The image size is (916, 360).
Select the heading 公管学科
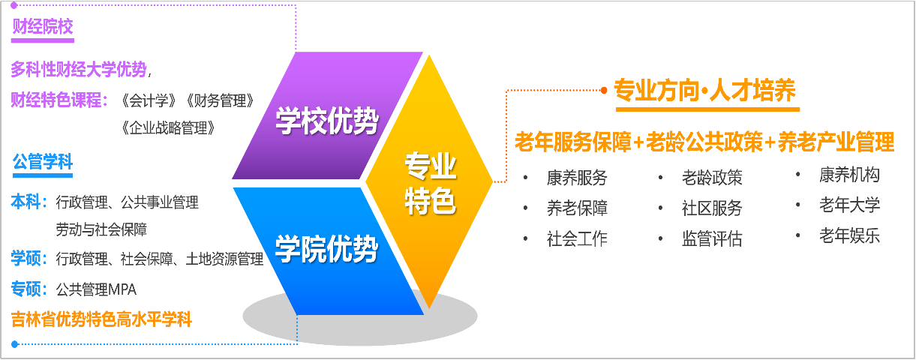click(x=42, y=163)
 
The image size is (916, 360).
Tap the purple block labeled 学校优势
click(x=326, y=120)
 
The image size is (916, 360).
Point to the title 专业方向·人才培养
click(x=704, y=91)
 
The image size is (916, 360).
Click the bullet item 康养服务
click(x=576, y=178)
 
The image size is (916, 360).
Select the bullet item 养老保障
click(x=576, y=208)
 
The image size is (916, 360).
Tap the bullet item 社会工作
click(x=576, y=239)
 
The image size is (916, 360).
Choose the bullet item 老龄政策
click(x=711, y=178)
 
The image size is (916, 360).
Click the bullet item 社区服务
click(x=711, y=208)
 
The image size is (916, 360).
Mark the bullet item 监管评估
click(x=711, y=239)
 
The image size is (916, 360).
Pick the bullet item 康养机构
click(x=849, y=175)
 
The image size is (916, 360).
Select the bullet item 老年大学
click(x=849, y=205)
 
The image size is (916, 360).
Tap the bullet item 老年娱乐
click(x=849, y=236)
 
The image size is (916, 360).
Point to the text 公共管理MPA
click(x=96, y=289)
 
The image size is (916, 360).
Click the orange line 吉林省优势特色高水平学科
click(x=101, y=320)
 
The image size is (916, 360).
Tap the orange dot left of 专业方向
click(x=603, y=91)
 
